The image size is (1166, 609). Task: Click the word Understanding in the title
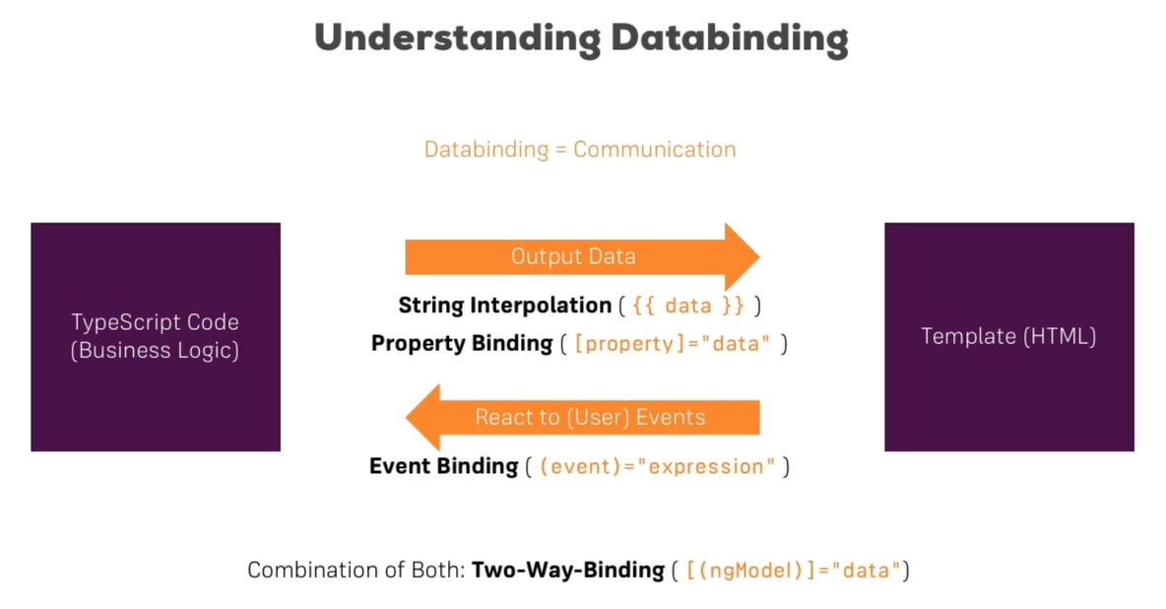[456, 38]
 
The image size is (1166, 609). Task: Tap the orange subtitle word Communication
[655, 150]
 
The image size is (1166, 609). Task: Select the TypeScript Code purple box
[156, 337]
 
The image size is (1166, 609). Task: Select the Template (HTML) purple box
[1008, 337]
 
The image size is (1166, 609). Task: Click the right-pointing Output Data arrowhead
[742, 256]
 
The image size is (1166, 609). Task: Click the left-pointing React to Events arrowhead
[424, 417]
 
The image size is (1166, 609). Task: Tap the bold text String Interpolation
[504, 305]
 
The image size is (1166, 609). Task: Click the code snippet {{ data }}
[689, 305]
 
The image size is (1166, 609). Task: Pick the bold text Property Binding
[462, 344]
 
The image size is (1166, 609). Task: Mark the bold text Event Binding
[444, 466]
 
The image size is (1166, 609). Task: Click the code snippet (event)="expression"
[658, 466]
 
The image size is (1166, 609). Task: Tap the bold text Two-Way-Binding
[568, 570]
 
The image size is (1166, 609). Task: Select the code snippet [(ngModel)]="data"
[793, 570]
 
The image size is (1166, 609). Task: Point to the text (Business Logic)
[156, 351]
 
